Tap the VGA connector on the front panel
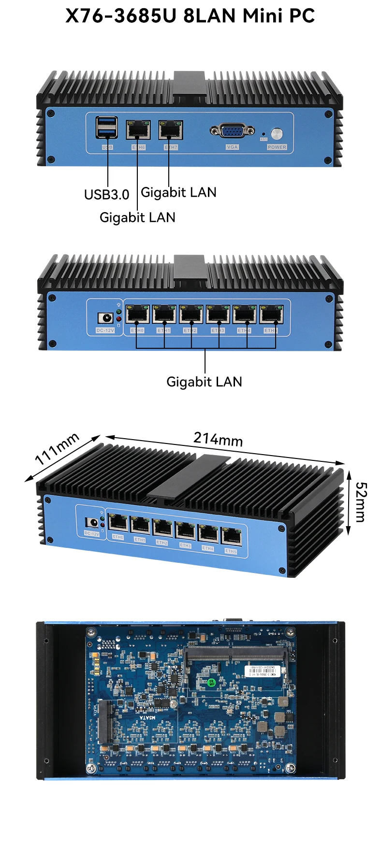coord(232,130)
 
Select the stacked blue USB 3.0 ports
coord(107,128)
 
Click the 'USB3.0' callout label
coord(107,195)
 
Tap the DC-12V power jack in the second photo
coord(105,318)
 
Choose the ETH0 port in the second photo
coord(137,314)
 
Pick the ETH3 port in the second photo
coord(218,314)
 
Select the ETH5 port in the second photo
coord(272,314)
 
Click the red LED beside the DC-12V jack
coord(118,319)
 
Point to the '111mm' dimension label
coord(57,449)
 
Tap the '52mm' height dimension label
coord(361,502)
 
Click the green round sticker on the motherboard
coord(211,682)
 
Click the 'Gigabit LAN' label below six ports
coord(204,382)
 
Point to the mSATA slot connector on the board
coord(104,722)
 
